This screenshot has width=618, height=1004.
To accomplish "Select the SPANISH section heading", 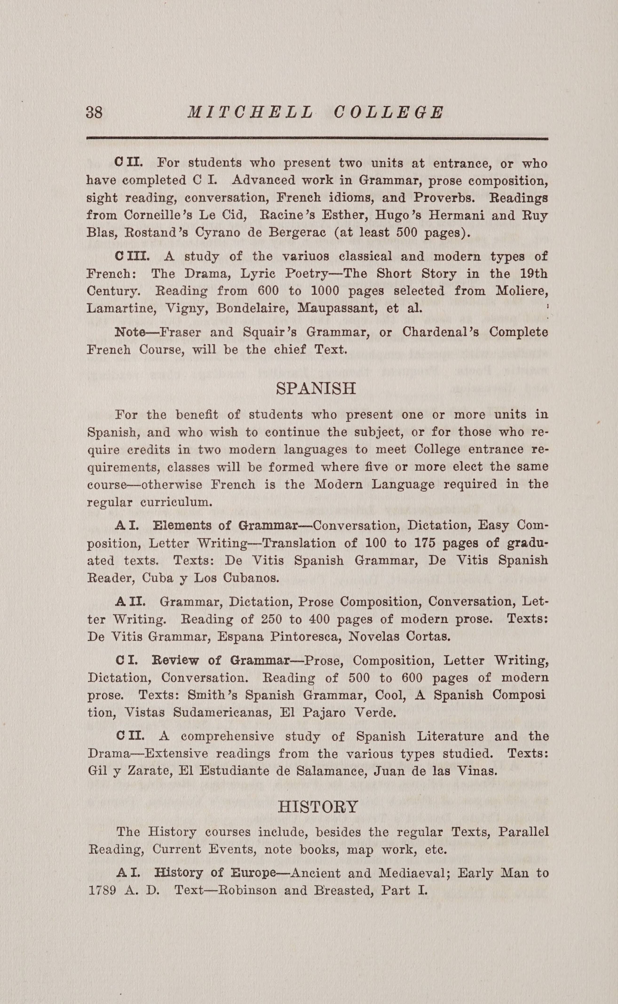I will [x=316, y=388].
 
